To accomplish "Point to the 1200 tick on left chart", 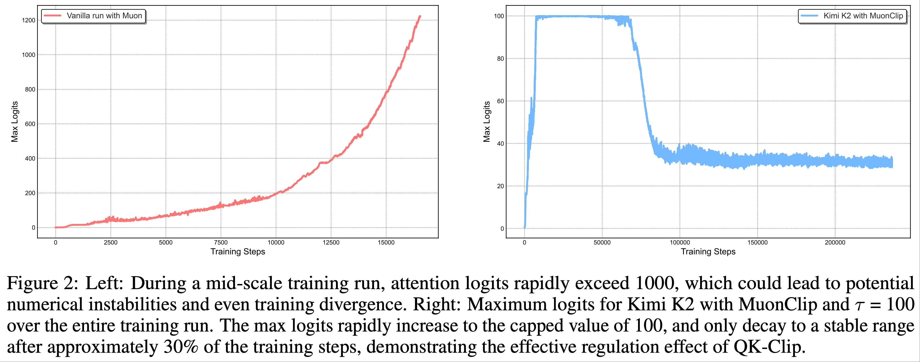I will coord(29,20).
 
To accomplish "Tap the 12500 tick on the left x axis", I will coord(331,243).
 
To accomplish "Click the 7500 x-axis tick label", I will coord(221,243).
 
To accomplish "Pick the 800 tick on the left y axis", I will coord(30,89).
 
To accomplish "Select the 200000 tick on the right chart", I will coord(835,243).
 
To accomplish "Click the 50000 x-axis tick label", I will coord(602,243).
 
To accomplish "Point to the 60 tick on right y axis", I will coord(500,101).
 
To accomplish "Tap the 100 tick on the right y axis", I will coord(499,16).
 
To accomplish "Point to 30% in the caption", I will coord(181,347).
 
